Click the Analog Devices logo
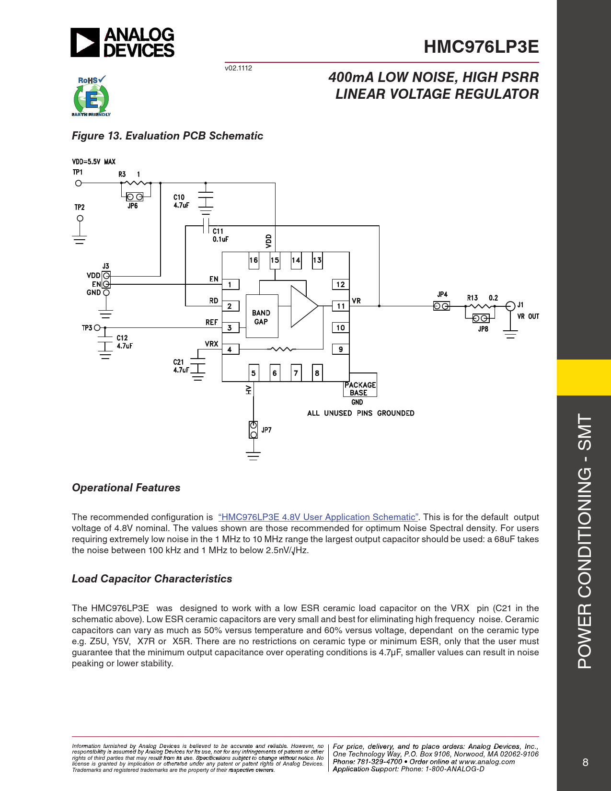coord(123,42)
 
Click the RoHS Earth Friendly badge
coord(91,96)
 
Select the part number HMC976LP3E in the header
coord(481,47)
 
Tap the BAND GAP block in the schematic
coord(261,316)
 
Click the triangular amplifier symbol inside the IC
coord(303,306)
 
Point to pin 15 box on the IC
coord(275,260)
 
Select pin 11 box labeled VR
coord(340,306)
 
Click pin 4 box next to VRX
coord(230,349)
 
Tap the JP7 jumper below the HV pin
coord(254,430)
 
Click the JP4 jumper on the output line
coord(441,306)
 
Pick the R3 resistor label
coord(122,174)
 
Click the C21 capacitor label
coord(178,362)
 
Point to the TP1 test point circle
coord(79,183)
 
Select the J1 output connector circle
coord(510,306)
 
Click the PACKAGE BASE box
coord(360,388)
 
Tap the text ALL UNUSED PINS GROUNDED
coord(360,413)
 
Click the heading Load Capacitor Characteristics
coord(152,579)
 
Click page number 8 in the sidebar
coord(585,762)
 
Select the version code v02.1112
coord(238,68)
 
